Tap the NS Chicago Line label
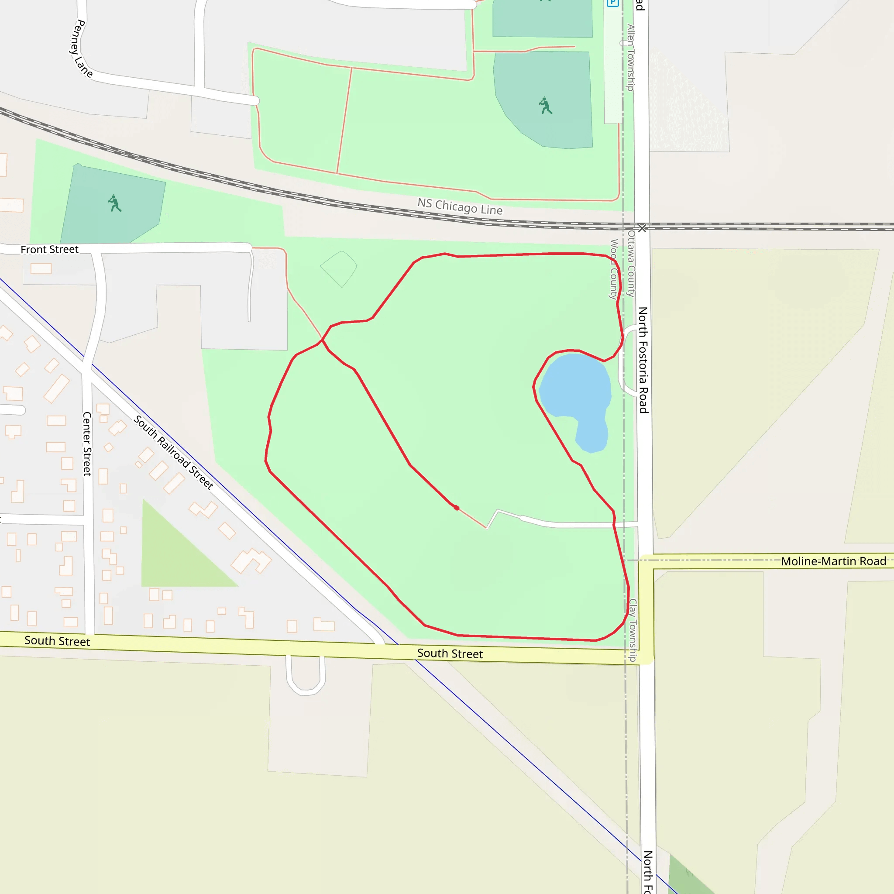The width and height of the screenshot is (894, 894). point(460,206)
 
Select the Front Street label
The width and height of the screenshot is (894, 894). point(49,249)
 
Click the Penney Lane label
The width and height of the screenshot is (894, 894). point(82,48)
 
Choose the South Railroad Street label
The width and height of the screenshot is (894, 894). point(174,452)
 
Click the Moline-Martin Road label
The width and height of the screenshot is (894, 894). point(833,561)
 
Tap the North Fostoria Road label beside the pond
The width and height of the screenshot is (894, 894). point(643,360)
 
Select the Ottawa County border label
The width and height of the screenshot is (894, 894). point(631,264)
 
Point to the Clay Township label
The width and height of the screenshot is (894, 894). point(633,630)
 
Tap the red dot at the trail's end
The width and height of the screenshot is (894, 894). point(457,508)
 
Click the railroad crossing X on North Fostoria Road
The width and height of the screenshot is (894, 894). point(642,228)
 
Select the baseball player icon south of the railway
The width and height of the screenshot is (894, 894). point(114,203)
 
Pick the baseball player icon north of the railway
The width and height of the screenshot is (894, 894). point(546,106)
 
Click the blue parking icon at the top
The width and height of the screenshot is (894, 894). point(612,3)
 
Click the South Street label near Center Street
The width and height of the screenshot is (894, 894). point(57,641)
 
